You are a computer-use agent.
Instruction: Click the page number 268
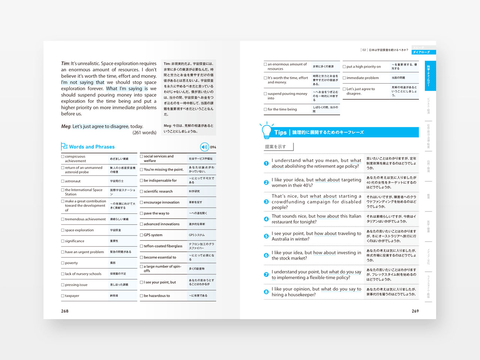65,311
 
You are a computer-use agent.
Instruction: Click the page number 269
415,311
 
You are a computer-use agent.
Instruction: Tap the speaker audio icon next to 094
204,147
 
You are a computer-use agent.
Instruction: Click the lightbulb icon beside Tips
266,130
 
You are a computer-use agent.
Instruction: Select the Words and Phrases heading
91,147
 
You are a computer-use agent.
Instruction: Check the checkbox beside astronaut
63,181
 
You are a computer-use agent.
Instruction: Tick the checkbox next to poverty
63,263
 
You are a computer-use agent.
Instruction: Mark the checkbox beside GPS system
141,235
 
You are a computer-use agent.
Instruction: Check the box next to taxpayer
63,296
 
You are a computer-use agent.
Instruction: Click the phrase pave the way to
156,213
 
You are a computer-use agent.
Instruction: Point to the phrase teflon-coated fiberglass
163,246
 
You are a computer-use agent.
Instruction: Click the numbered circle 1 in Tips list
266,163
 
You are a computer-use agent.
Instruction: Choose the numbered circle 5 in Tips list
266,236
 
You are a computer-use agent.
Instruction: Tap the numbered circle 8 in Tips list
266,292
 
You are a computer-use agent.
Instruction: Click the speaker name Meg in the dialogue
65,126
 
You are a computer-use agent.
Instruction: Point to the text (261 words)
144,132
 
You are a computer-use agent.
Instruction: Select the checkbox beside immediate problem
344,78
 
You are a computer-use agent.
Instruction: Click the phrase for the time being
282,109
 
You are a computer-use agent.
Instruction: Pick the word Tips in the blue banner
280,132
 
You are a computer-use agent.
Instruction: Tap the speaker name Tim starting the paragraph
65,63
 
